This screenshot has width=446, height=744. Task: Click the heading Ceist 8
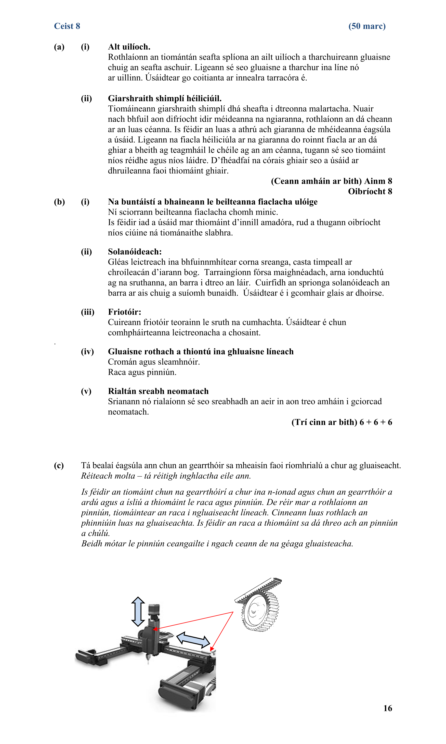[x=67, y=26]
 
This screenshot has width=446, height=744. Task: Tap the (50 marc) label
[x=367, y=26]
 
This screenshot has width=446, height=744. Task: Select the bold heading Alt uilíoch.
[x=129, y=47]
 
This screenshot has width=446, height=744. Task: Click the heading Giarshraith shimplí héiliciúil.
[x=164, y=99]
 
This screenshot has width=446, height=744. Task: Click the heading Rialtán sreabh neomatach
[x=158, y=391]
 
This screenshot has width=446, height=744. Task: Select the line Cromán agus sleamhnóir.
[x=154, y=362]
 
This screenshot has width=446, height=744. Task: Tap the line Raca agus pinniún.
[x=142, y=372]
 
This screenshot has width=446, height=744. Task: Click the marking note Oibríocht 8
[x=370, y=191]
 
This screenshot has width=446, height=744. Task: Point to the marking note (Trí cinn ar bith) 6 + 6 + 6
[x=341, y=422]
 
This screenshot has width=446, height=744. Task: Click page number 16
[x=387, y=708]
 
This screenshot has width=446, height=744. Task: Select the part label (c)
[x=59, y=465]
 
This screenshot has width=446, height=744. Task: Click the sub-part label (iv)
[x=87, y=351]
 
